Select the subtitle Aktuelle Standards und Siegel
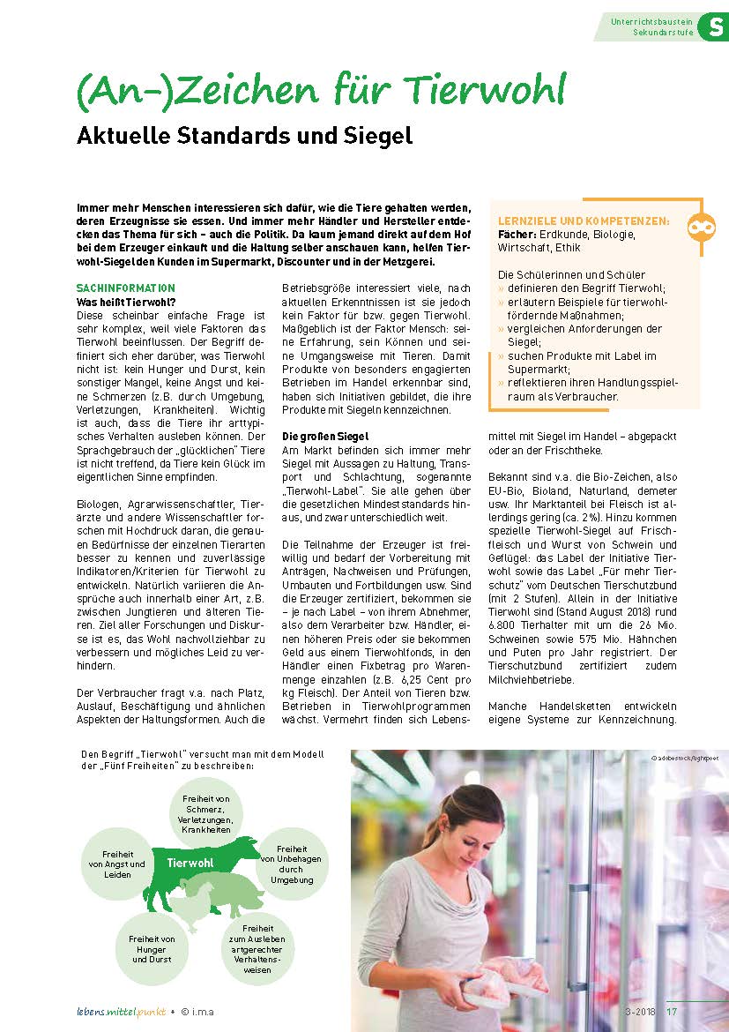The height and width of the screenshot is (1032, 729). pyautogui.click(x=245, y=137)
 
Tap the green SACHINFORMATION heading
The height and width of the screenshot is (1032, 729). pyautogui.click(x=126, y=288)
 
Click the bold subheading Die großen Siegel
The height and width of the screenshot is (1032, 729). pyautogui.click(x=324, y=437)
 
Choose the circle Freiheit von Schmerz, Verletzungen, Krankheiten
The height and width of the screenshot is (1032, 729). pyautogui.click(x=207, y=813)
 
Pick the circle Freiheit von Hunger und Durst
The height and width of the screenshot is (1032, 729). pyautogui.click(x=152, y=948)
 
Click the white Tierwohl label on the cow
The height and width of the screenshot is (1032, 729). pyautogui.click(x=190, y=862)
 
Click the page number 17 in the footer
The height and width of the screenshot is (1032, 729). pyautogui.click(x=672, y=1011)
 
